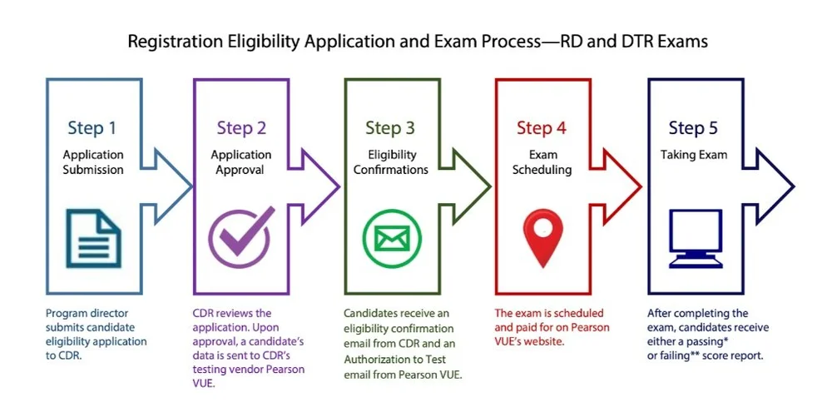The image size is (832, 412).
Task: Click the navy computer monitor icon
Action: point(693,237)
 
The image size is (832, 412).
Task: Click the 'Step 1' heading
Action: point(92,128)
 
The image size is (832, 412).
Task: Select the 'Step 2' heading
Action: point(241,128)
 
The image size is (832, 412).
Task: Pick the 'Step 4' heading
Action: point(542,128)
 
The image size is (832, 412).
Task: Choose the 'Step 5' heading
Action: point(694,128)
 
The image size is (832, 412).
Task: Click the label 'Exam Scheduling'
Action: point(542,162)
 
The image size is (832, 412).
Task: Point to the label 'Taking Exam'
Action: point(694,155)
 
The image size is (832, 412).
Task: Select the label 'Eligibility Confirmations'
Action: point(390,162)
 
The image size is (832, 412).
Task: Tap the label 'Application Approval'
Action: point(241,162)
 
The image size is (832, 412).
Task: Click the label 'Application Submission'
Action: point(92,162)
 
